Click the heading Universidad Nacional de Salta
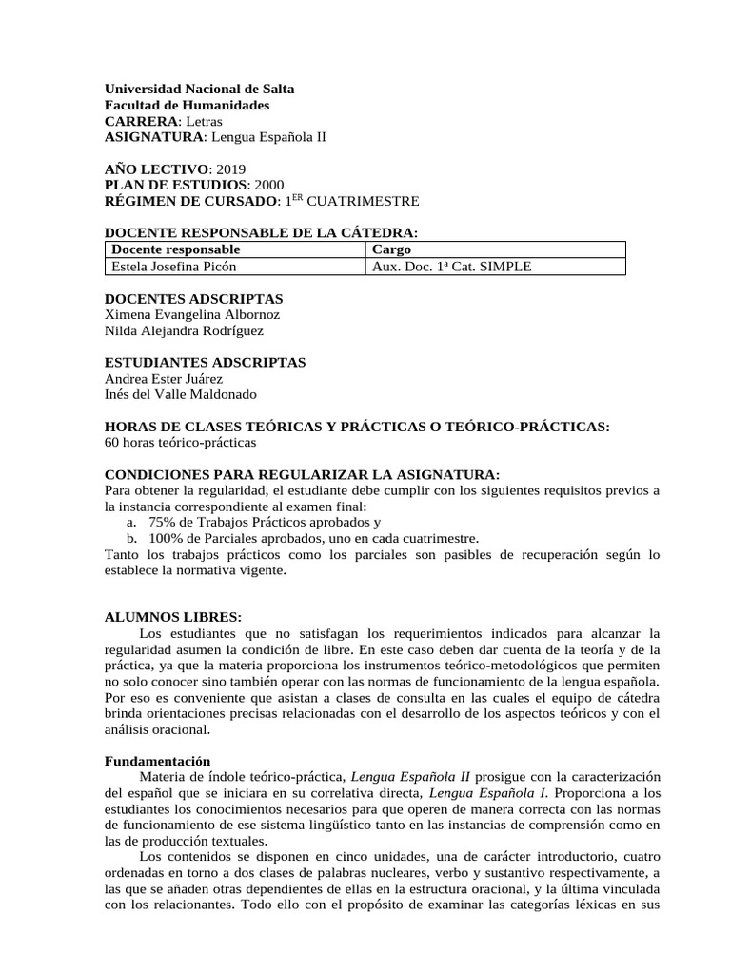click(199, 89)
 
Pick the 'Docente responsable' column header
click(169, 249)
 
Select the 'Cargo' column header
click(391, 249)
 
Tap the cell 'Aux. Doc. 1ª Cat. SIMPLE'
click(451, 267)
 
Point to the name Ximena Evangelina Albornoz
click(192, 314)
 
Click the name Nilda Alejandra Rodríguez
click(184, 330)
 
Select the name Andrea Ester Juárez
click(163, 378)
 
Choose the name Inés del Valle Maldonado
click(180, 394)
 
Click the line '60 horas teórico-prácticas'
click(180, 442)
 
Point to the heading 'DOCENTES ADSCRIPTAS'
click(193, 298)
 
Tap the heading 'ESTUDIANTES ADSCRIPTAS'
click(205, 362)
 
